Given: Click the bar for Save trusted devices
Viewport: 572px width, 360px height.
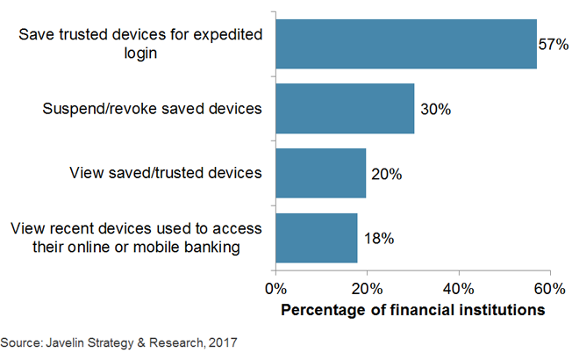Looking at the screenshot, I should coord(406,44).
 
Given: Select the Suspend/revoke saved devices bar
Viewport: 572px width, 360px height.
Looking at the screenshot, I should coord(345,109).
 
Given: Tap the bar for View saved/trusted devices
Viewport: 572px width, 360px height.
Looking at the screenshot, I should coord(321,173).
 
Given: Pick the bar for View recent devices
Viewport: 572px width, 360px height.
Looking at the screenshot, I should coord(317,238).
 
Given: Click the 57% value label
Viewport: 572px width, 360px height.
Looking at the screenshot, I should coord(554,45).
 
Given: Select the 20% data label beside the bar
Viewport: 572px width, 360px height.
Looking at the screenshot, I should coord(386,174).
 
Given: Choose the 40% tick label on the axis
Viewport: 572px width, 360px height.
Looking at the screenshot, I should coord(459,290).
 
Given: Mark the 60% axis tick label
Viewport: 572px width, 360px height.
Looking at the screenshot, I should coord(550,290).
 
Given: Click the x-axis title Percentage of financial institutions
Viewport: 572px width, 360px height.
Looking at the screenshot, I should coord(412,310).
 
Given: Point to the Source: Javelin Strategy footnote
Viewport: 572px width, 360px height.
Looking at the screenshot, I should coord(118,342).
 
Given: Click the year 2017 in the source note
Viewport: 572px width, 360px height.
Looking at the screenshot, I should coord(223,342).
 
